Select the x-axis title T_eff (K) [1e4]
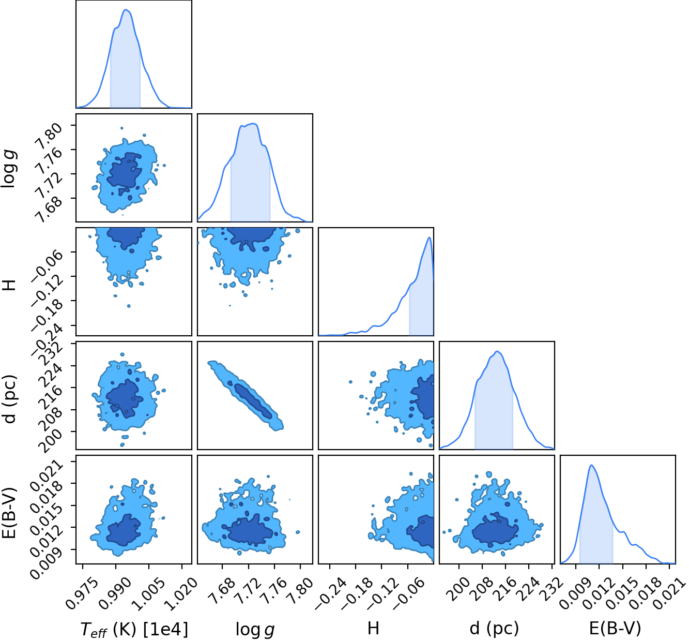134,629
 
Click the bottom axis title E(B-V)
615,628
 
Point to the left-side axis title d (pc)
10,399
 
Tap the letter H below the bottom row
373,628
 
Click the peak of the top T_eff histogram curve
126,10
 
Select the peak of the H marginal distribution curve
430,237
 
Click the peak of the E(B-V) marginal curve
591,465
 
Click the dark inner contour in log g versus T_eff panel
124,170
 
